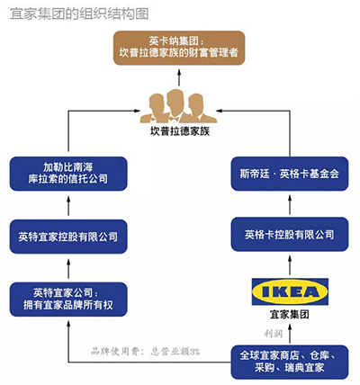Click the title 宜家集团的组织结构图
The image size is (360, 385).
pyautogui.click(x=79, y=13)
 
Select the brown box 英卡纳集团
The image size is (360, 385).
pyautogui.click(x=179, y=48)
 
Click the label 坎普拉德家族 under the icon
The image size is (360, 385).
pyautogui.click(x=180, y=131)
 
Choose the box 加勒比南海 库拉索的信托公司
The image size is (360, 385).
pyautogui.click(x=68, y=174)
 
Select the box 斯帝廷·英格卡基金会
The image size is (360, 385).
pyautogui.click(x=290, y=174)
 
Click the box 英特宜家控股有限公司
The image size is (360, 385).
pyautogui.click(x=68, y=237)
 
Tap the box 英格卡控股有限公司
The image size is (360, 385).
pyautogui.click(x=290, y=234)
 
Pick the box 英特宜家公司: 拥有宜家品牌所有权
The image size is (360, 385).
pyautogui.click(x=68, y=300)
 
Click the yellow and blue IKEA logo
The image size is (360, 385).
pyautogui.click(x=290, y=291)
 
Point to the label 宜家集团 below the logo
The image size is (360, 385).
pyautogui.click(x=290, y=314)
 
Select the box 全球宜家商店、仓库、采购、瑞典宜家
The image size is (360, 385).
pyautogui.click(x=290, y=362)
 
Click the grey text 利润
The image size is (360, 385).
pyautogui.click(x=273, y=333)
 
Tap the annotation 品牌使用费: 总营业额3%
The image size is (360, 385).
pyautogui.click(x=145, y=351)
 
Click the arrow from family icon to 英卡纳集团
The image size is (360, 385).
pyautogui.click(x=179, y=77)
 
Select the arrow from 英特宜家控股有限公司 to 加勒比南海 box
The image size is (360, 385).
pyautogui.click(x=68, y=205)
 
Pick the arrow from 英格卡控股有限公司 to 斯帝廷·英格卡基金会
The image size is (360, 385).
pyautogui.click(x=290, y=204)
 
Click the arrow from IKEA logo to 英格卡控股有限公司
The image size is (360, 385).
pyautogui.click(x=290, y=264)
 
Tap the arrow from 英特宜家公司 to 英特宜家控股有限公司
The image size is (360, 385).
pyautogui.click(x=68, y=268)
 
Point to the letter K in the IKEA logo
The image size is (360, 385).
pyautogui.click(x=277, y=291)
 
